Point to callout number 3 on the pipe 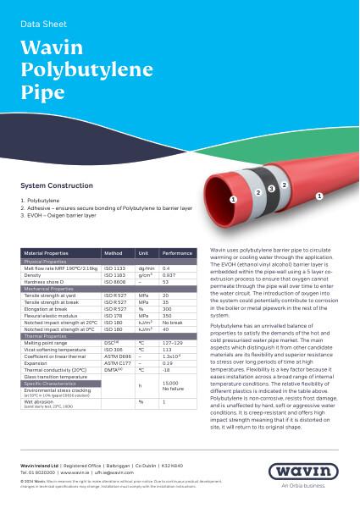click(270, 188)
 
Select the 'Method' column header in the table click(113, 253)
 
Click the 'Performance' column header click(177, 253)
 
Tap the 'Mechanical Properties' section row click(50, 289)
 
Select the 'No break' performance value click(172, 323)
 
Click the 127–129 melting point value click(173, 342)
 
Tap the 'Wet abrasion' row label click(40, 401)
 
